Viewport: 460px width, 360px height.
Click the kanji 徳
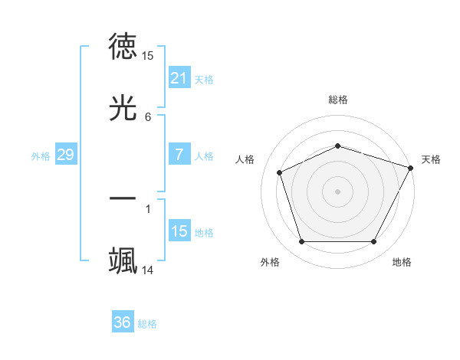pyautogui.click(x=123, y=46)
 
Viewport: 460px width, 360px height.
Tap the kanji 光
pyautogui.click(x=123, y=108)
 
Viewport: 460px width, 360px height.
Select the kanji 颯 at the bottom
pyautogui.click(x=123, y=260)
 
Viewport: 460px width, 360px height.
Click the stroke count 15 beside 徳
pyautogui.click(x=148, y=56)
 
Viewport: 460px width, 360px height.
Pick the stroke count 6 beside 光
pyautogui.click(x=148, y=117)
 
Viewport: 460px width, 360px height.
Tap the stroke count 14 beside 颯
pyautogui.click(x=148, y=270)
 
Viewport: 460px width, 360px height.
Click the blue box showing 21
pyautogui.click(x=179, y=78)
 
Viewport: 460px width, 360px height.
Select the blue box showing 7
pyautogui.click(x=179, y=155)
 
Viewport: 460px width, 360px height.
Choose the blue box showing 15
pyautogui.click(x=179, y=231)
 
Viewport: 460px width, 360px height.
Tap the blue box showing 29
pyautogui.click(x=65, y=155)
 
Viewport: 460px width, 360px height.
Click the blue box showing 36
pyautogui.click(x=122, y=322)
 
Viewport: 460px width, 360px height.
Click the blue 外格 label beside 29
pyautogui.click(x=41, y=156)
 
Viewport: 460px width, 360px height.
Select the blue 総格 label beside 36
pyautogui.click(x=147, y=324)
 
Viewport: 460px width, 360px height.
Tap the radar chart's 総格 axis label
pyautogui.click(x=338, y=100)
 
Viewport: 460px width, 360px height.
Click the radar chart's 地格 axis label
pyautogui.click(x=402, y=262)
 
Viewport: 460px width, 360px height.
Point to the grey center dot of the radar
pyautogui.click(x=338, y=191)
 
